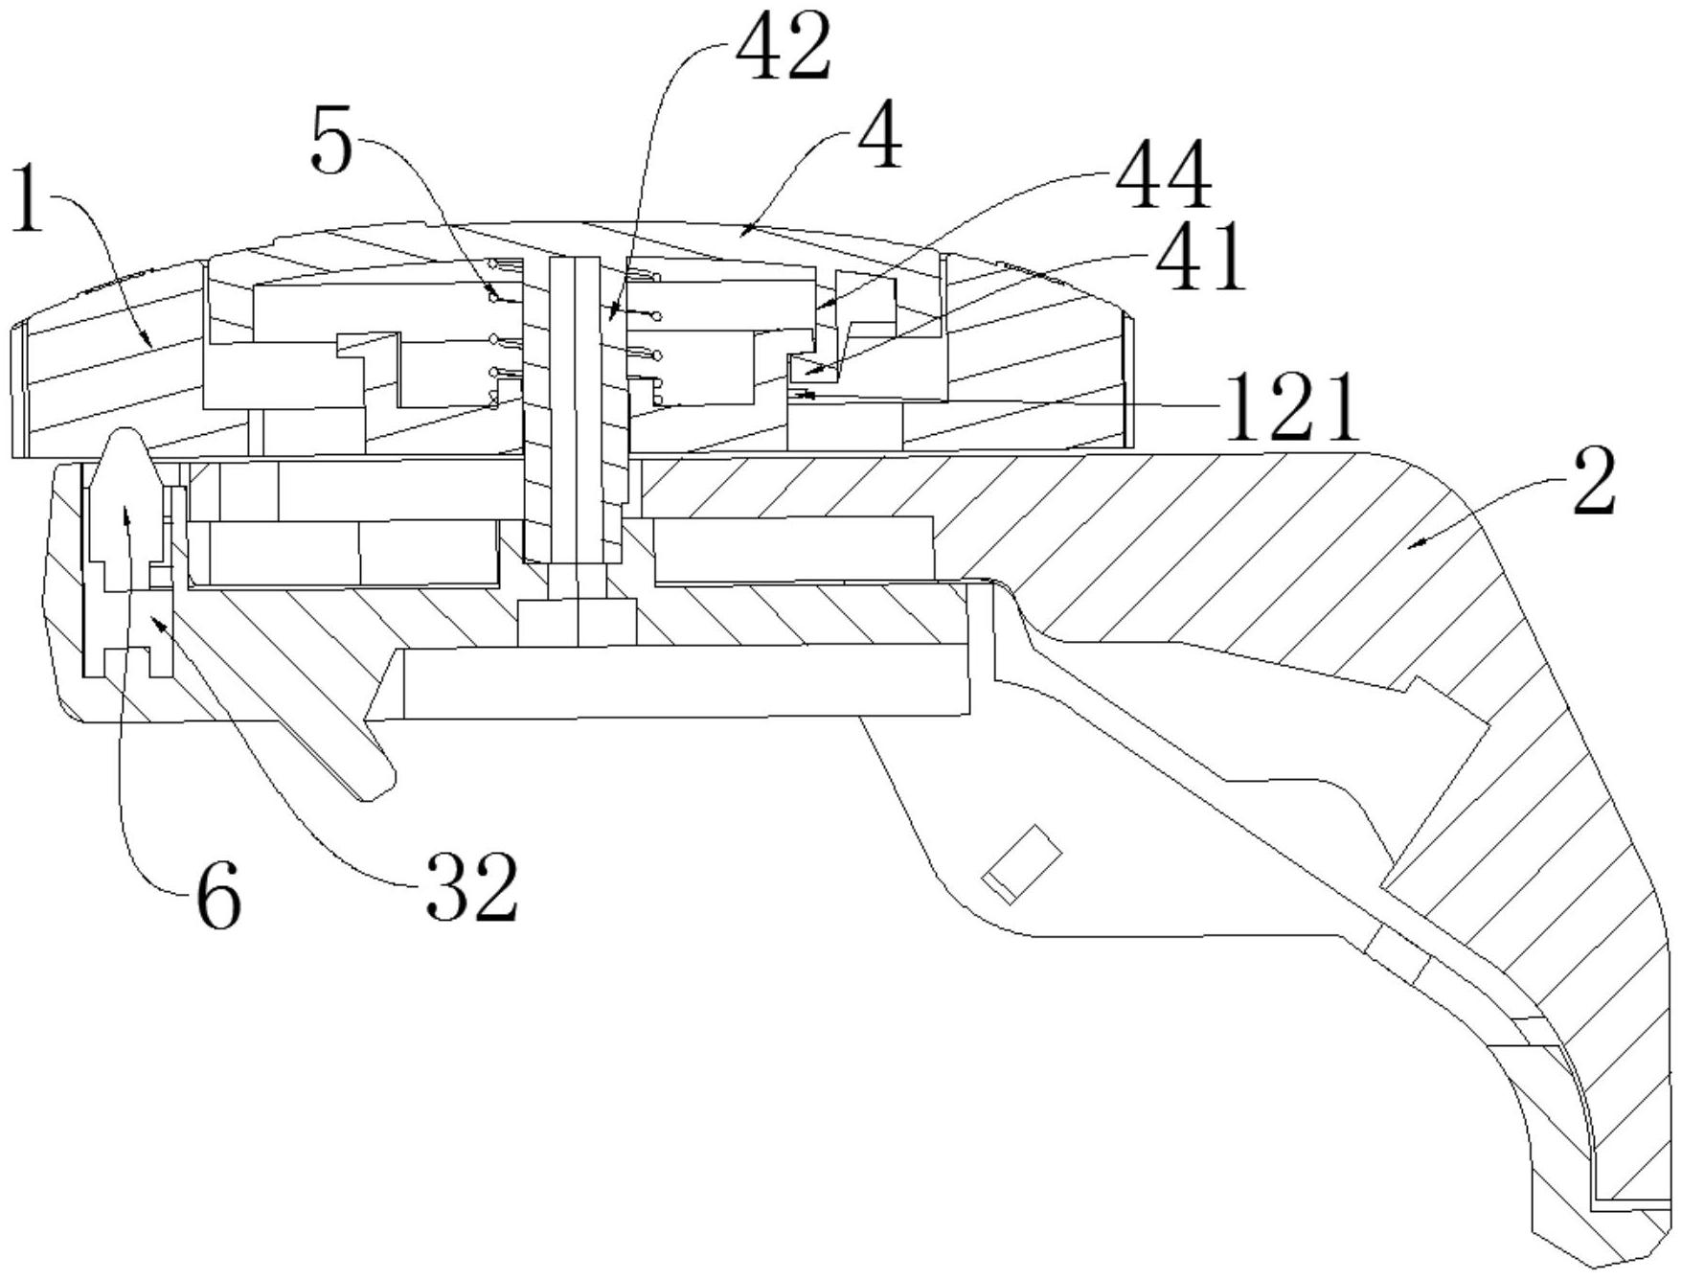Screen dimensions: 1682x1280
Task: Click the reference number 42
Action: [784, 51]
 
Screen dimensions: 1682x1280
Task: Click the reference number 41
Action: [1199, 257]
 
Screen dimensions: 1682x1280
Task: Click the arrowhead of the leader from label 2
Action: [1410, 546]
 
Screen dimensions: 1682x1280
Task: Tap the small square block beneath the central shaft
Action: [578, 622]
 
